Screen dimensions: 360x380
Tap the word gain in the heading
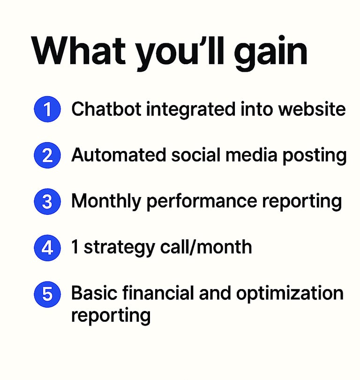tap(270, 53)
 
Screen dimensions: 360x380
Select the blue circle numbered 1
tap(47, 109)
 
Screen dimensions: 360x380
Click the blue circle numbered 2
tap(47, 155)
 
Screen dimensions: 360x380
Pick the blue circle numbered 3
tap(47, 201)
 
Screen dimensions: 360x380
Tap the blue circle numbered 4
tap(47, 248)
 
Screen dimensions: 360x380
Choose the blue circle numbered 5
tap(47, 294)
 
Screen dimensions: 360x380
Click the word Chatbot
tap(106, 109)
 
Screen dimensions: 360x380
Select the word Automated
tap(119, 155)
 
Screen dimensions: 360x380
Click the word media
tap(251, 155)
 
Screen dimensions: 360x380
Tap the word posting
tap(315, 157)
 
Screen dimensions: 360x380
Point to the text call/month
tap(206, 247)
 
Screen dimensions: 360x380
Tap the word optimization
tap(290, 295)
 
